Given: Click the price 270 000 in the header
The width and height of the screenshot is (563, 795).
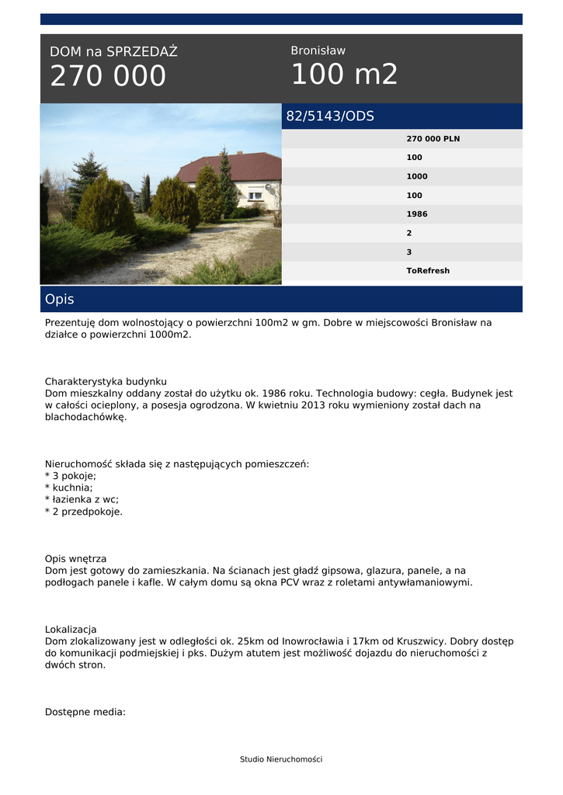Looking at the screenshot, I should click(108, 76).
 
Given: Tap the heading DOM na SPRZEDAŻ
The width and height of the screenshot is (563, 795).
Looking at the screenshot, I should click(113, 52).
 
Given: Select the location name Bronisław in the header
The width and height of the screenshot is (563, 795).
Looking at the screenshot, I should click(318, 50).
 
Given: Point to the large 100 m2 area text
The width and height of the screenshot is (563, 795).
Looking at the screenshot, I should click(344, 75).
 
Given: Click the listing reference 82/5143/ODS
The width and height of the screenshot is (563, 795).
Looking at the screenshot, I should click(330, 116).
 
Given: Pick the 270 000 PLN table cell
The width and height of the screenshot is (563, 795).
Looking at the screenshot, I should click(433, 139).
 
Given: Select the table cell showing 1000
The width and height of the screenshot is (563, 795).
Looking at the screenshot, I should click(417, 176).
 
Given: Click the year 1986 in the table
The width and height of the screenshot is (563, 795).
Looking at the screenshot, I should click(417, 214).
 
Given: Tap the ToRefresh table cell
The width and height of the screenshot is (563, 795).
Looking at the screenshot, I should click(428, 271).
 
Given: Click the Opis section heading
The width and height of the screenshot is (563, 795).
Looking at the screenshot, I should click(60, 300).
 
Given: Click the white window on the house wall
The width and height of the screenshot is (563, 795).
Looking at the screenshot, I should click(255, 195).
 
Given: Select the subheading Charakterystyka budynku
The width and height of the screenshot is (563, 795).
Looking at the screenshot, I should click(106, 382).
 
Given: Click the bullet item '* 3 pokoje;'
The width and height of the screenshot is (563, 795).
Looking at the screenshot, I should click(71, 476).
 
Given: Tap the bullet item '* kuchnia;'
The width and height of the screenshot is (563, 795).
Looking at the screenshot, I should click(69, 488).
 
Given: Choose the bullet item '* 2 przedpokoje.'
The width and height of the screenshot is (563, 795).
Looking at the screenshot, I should click(84, 512).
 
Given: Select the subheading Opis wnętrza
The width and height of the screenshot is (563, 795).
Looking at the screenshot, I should click(75, 558).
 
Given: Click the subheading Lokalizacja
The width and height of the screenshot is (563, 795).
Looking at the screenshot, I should click(71, 629).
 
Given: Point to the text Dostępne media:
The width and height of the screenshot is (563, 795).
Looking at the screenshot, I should click(85, 712).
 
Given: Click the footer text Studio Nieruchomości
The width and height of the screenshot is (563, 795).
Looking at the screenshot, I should click(281, 759).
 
